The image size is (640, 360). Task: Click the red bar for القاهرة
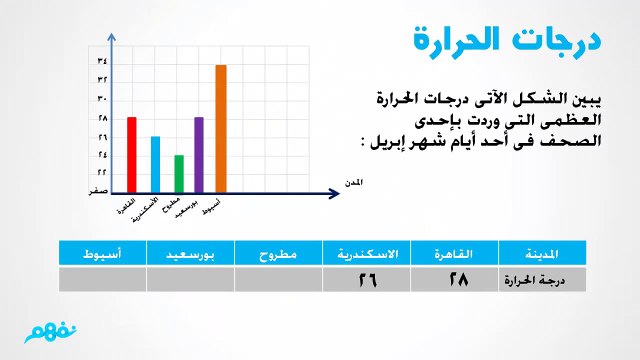click(x=131, y=153)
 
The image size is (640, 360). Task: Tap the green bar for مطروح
click(x=179, y=172)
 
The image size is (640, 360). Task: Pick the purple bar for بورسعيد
click(x=199, y=153)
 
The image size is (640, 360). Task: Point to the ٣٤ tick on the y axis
click(x=102, y=62)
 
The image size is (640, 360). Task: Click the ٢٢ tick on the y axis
click(x=102, y=172)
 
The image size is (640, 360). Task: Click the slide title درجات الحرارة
click(x=506, y=42)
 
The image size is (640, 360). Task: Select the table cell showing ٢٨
click(x=453, y=281)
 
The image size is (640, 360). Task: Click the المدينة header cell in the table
click(x=541, y=255)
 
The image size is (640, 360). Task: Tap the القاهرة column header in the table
click(x=453, y=255)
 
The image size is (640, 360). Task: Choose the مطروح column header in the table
click(x=278, y=255)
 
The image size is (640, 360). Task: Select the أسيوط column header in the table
click(x=103, y=255)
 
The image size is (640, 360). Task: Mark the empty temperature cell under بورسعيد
click(x=191, y=281)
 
